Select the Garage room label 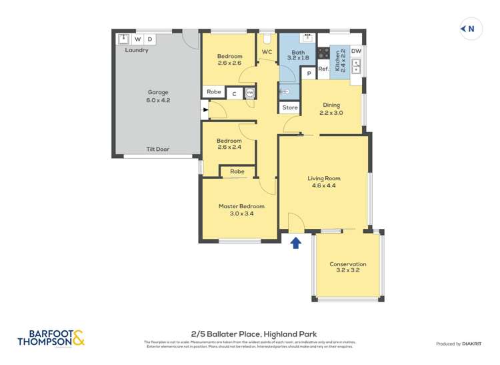tap(158, 96)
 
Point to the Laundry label tap(137, 50)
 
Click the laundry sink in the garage tap(123, 39)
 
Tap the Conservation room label tap(347, 268)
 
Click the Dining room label tap(331, 109)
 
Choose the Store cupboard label tap(290, 107)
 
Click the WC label tap(267, 51)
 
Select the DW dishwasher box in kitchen tap(356, 51)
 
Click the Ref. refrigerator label tap(323, 69)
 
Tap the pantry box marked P tap(309, 73)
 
